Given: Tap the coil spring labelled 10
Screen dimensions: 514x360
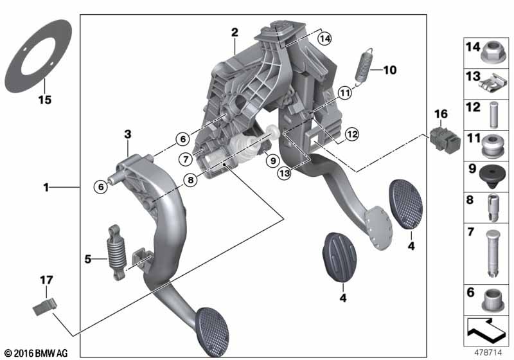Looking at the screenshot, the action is coord(364,67).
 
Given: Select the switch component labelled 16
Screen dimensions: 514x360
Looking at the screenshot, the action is coord(445,140).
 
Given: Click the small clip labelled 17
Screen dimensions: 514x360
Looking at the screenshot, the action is coord(45,307).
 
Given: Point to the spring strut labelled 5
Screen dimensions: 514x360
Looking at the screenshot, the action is coord(117,253).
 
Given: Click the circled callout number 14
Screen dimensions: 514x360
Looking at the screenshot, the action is coord(324,39).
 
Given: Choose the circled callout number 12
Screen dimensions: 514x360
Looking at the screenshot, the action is coord(351,134).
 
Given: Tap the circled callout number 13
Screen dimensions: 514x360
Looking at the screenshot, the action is coord(284,173).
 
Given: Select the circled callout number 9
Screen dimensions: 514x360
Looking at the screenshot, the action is coord(272,161).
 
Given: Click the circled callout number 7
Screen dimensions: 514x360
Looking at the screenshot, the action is coord(186,159).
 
